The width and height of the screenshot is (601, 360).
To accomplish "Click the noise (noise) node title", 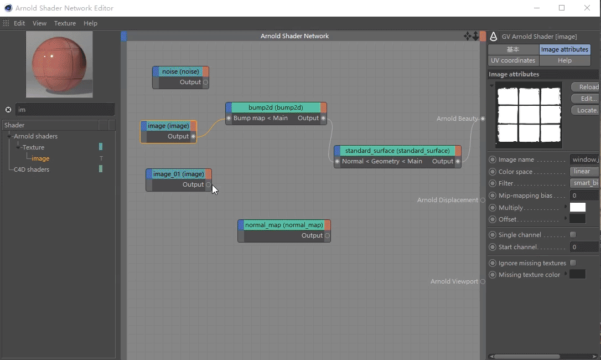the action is (x=180, y=71).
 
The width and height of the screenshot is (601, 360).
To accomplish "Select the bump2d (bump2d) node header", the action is (x=276, y=107).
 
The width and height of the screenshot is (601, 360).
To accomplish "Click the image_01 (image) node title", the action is (x=179, y=174).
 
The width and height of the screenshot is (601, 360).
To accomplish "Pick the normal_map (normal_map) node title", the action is (x=284, y=225).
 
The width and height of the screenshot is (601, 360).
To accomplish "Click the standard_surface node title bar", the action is (x=397, y=151).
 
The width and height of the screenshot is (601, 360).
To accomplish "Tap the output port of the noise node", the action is (x=205, y=82).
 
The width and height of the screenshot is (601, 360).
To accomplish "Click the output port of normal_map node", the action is (x=327, y=235).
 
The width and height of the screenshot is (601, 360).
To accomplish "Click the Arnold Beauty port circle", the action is (x=483, y=119).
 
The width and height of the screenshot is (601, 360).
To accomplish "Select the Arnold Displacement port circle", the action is (x=483, y=200).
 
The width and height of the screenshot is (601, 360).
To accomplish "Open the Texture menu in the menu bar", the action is (x=65, y=23).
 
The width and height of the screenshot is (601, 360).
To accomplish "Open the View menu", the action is (x=39, y=23).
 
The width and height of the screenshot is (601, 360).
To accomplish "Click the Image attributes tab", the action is (x=564, y=49).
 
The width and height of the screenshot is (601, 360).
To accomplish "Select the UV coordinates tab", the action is (x=513, y=60).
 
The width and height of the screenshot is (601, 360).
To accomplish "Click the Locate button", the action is (x=586, y=110).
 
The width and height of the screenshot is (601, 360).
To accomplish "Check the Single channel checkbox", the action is (x=573, y=234).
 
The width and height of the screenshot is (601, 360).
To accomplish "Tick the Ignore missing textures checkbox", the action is (x=573, y=263).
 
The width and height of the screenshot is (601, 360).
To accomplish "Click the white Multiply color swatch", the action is (x=578, y=207).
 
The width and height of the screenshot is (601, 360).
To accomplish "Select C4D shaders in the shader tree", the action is (x=32, y=169).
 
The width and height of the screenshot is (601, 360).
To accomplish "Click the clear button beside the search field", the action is (x=8, y=110).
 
